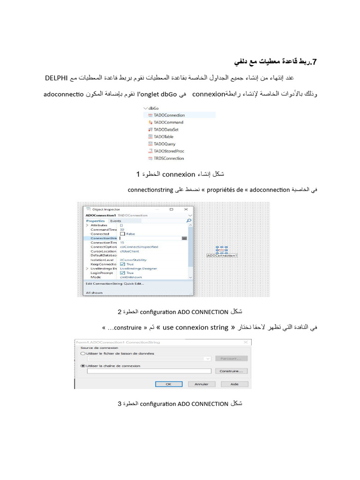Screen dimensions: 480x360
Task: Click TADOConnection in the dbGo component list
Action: [x=169, y=115]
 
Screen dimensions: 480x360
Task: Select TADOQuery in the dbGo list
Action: [x=164, y=144]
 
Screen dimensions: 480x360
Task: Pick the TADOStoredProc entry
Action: [x=168, y=151]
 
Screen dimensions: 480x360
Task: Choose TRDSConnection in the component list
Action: [x=168, y=158]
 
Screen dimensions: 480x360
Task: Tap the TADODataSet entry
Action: [x=165, y=129]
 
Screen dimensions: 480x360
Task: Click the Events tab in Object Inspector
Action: [x=115, y=220]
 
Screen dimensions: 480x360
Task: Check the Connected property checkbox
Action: [x=123, y=233]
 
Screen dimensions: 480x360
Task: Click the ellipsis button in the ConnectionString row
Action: [x=184, y=238]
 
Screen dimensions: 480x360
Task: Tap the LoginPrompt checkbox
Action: [x=123, y=273]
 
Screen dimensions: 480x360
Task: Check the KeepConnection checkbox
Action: [x=123, y=264]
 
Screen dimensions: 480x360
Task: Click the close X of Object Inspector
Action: [x=186, y=209]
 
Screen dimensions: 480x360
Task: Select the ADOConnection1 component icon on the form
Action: [x=222, y=250]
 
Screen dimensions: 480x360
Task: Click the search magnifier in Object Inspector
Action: [x=188, y=220]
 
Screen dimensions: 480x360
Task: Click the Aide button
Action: [x=234, y=384]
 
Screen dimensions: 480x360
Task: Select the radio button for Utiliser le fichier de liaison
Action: [x=83, y=353]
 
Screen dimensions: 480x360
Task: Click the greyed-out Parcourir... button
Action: [x=231, y=359]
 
